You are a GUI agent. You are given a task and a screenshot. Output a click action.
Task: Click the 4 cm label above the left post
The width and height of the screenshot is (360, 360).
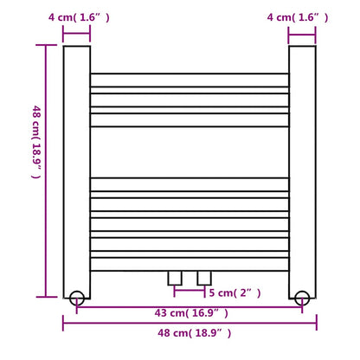pyautogui.click(x=78, y=16)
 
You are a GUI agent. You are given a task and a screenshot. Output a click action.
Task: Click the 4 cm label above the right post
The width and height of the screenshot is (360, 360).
pyautogui.click(x=299, y=16)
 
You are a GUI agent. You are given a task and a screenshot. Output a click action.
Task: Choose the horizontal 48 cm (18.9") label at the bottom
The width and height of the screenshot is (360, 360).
pyautogui.click(x=190, y=332)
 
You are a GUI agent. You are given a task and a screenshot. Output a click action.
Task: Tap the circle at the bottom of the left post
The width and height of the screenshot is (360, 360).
pyautogui.click(x=77, y=298)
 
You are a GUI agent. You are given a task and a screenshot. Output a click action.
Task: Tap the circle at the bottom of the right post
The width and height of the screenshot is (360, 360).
pyautogui.click(x=300, y=298)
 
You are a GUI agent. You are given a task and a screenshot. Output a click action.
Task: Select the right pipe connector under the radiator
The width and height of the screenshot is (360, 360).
pyautogui.click(x=204, y=277)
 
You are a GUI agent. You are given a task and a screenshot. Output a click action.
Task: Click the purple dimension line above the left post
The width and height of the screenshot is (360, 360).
pyautogui.click(x=76, y=35)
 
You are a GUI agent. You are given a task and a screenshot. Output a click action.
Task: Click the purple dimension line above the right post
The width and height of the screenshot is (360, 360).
pyautogui.click(x=301, y=35)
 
